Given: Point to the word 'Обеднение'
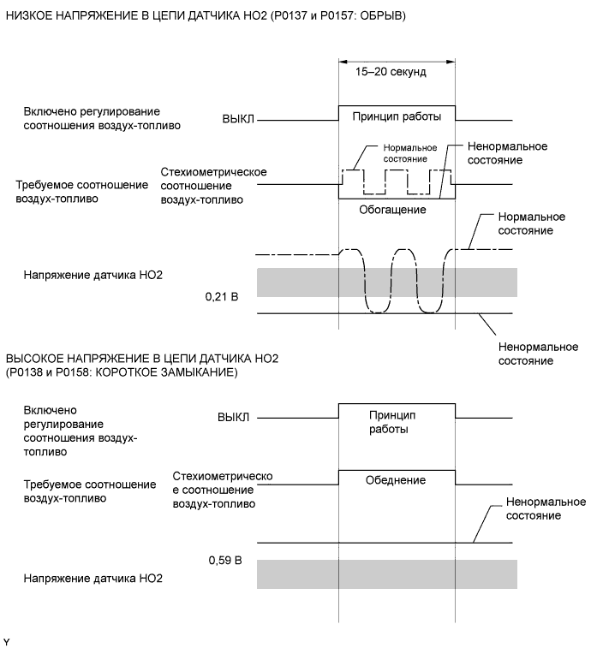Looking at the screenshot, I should tap(397, 479).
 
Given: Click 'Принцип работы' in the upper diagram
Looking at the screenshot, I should tap(397, 116).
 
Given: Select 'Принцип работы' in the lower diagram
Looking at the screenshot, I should tap(397, 421).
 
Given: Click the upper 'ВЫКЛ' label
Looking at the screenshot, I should tap(237, 120).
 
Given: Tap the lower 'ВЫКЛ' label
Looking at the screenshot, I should tap(232, 418).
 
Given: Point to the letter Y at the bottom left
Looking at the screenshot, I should tap(8, 640).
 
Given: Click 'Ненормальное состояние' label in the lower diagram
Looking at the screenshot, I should tap(533, 509).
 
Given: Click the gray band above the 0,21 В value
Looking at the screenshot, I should tap(386, 282).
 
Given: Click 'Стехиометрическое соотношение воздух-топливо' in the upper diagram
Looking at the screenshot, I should tap(213, 186).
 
